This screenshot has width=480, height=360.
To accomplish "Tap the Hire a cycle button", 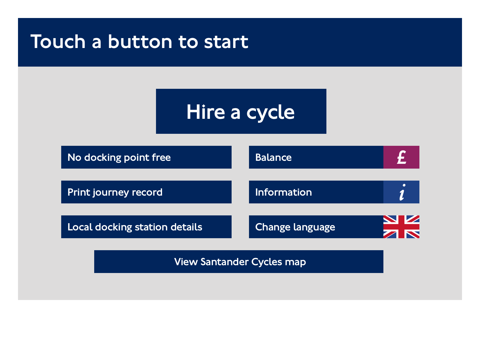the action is click(x=241, y=111).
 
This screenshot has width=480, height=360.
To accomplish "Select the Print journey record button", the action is click(x=146, y=192).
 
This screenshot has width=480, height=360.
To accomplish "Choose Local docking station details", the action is click(x=146, y=227).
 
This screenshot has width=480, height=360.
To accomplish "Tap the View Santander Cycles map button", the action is click(x=239, y=261).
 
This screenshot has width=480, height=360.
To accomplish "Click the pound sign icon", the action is click(x=401, y=157).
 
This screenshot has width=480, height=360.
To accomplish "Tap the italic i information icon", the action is click(x=402, y=192).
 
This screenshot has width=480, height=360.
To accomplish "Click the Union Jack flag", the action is click(x=401, y=227).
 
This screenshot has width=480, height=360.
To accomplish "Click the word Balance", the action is click(x=273, y=157).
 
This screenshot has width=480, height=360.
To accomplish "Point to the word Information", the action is click(x=283, y=192).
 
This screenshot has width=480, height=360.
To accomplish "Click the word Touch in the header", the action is click(x=58, y=41).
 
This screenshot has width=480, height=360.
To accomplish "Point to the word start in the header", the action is click(x=226, y=42).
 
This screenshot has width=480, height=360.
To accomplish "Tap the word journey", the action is click(x=111, y=193).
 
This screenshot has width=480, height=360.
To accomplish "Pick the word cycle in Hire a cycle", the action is click(x=271, y=112).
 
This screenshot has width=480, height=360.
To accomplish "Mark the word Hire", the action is click(x=205, y=112).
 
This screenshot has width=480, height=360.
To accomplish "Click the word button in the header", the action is click(x=140, y=41).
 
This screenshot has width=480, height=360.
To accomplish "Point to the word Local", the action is click(x=80, y=227).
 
